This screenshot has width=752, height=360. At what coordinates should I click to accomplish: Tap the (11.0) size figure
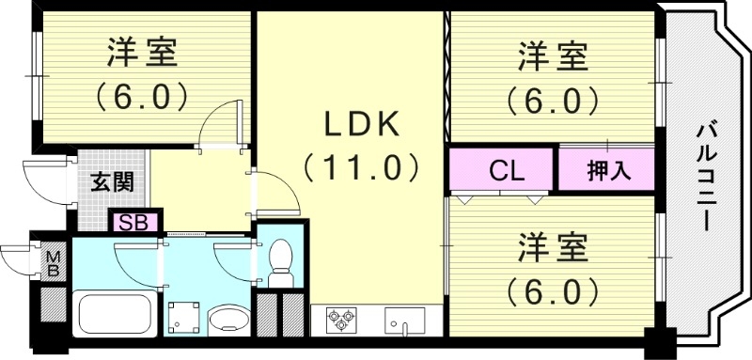tap(361, 168)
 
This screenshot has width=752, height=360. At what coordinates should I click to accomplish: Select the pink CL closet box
tap(506, 172)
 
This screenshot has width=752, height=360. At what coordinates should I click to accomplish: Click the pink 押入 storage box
tap(608, 172)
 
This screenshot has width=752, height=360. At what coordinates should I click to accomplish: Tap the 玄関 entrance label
tap(112, 181)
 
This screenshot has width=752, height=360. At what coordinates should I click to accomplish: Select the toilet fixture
tap(279, 264)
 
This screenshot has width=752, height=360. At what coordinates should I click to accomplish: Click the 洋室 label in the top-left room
tap(142, 54)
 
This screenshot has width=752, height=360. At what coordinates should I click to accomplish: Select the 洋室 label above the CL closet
tap(553, 56)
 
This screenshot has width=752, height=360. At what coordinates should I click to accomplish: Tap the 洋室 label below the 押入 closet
tap(553, 248)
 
